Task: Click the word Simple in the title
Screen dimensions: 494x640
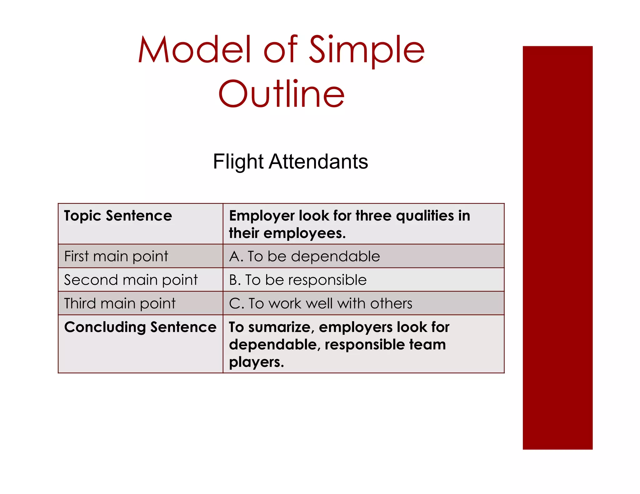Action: coord(367,50)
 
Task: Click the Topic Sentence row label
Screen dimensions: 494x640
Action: coord(118,216)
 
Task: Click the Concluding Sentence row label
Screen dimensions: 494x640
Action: coord(140,327)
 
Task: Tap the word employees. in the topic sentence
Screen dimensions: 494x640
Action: coord(304,234)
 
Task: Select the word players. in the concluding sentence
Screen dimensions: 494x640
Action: coord(256,362)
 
